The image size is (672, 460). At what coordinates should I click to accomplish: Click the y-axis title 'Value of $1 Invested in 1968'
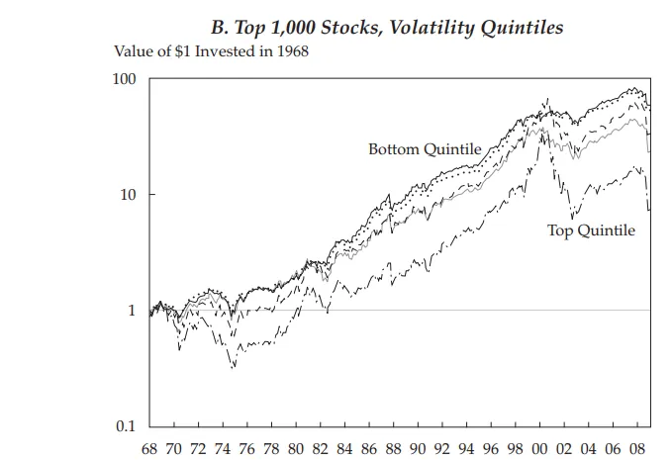pyautogui.click(x=211, y=51)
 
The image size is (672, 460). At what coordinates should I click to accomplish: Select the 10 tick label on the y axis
pyautogui.click(x=127, y=195)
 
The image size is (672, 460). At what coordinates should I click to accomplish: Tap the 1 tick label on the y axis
pyautogui.click(x=131, y=311)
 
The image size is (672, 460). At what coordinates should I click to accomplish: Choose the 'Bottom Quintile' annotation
pyautogui.click(x=425, y=149)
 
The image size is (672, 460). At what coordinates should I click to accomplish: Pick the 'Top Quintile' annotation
pyautogui.click(x=591, y=230)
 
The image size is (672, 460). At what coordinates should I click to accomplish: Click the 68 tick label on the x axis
pyautogui.click(x=149, y=448)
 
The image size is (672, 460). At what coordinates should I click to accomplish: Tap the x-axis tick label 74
pyautogui.click(x=223, y=448)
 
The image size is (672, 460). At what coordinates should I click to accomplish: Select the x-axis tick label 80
pyautogui.click(x=297, y=448)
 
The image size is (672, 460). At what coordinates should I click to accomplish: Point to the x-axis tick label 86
pyautogui.click(x=370, y=448)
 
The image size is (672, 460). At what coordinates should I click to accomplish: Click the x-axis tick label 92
pyautogui.click(x=443, y=448)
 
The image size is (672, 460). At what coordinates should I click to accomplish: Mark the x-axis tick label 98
pyautogui.click(x=517, y=448)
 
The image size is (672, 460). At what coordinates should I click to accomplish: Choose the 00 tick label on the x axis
pyautogui.click(x=541, y=448)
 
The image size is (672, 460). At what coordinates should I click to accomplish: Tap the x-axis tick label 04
pyautogui.click(x=590, y=448)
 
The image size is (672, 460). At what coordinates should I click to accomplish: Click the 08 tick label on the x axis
pyautogui.click(x=639, y=448)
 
